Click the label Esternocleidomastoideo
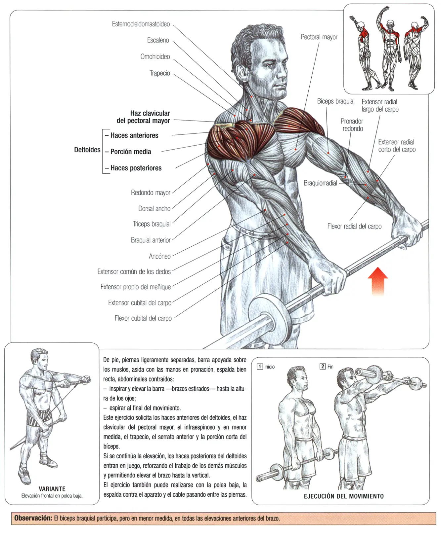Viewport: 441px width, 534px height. tap(141, 24)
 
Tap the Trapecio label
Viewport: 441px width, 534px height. tap(160, 73)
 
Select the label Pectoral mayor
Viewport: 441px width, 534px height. tap(319, 37)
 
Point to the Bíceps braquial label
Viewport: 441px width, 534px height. tap(335, 101)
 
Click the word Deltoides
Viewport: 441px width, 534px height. tap(87, 150)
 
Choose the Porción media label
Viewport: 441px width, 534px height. tap(131, 152)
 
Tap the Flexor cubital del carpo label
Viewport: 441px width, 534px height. tap(143, 318)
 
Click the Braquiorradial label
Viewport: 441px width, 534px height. tap(320, 183)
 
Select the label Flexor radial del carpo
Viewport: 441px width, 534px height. tap(354, 226)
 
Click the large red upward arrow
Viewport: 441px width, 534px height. tap(378, 281)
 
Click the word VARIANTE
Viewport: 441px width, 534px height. tap(52, 489)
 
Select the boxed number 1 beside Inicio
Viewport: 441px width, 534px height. tap(260, 367)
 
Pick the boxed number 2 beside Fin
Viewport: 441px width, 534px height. tap(323, 367)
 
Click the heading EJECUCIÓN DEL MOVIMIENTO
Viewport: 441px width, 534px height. tap(344, 496)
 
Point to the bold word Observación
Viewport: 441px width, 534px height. tap(33, 518)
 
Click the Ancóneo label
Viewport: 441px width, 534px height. tap(160, 256)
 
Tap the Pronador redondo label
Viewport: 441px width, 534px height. tap(352, 125)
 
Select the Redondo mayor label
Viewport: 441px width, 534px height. tap(151, 193)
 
